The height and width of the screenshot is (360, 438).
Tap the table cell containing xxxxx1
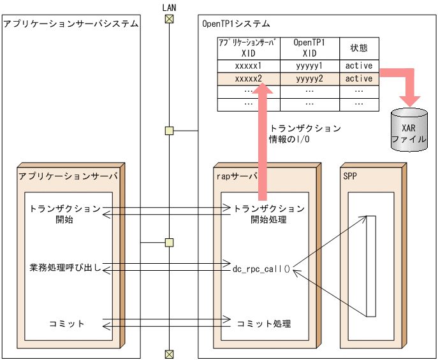[248, 66]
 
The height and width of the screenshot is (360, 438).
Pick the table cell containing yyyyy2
[309, 78]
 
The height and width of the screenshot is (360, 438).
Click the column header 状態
[359, 48]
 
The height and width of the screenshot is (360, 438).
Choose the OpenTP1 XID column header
[309, 48]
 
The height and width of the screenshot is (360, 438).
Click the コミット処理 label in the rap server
[264, 324]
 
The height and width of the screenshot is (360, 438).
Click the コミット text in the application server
[67, 324]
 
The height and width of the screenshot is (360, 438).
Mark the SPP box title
[350, 176]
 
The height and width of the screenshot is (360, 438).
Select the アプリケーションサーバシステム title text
[71, 24]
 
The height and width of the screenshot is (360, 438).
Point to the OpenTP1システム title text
[235, 24]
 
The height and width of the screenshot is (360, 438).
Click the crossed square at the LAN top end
[169, 18]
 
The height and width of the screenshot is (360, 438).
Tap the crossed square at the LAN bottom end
[169, 354]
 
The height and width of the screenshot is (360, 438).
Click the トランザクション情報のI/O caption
[305, 133]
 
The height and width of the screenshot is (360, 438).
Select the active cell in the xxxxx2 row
[359, 78]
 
